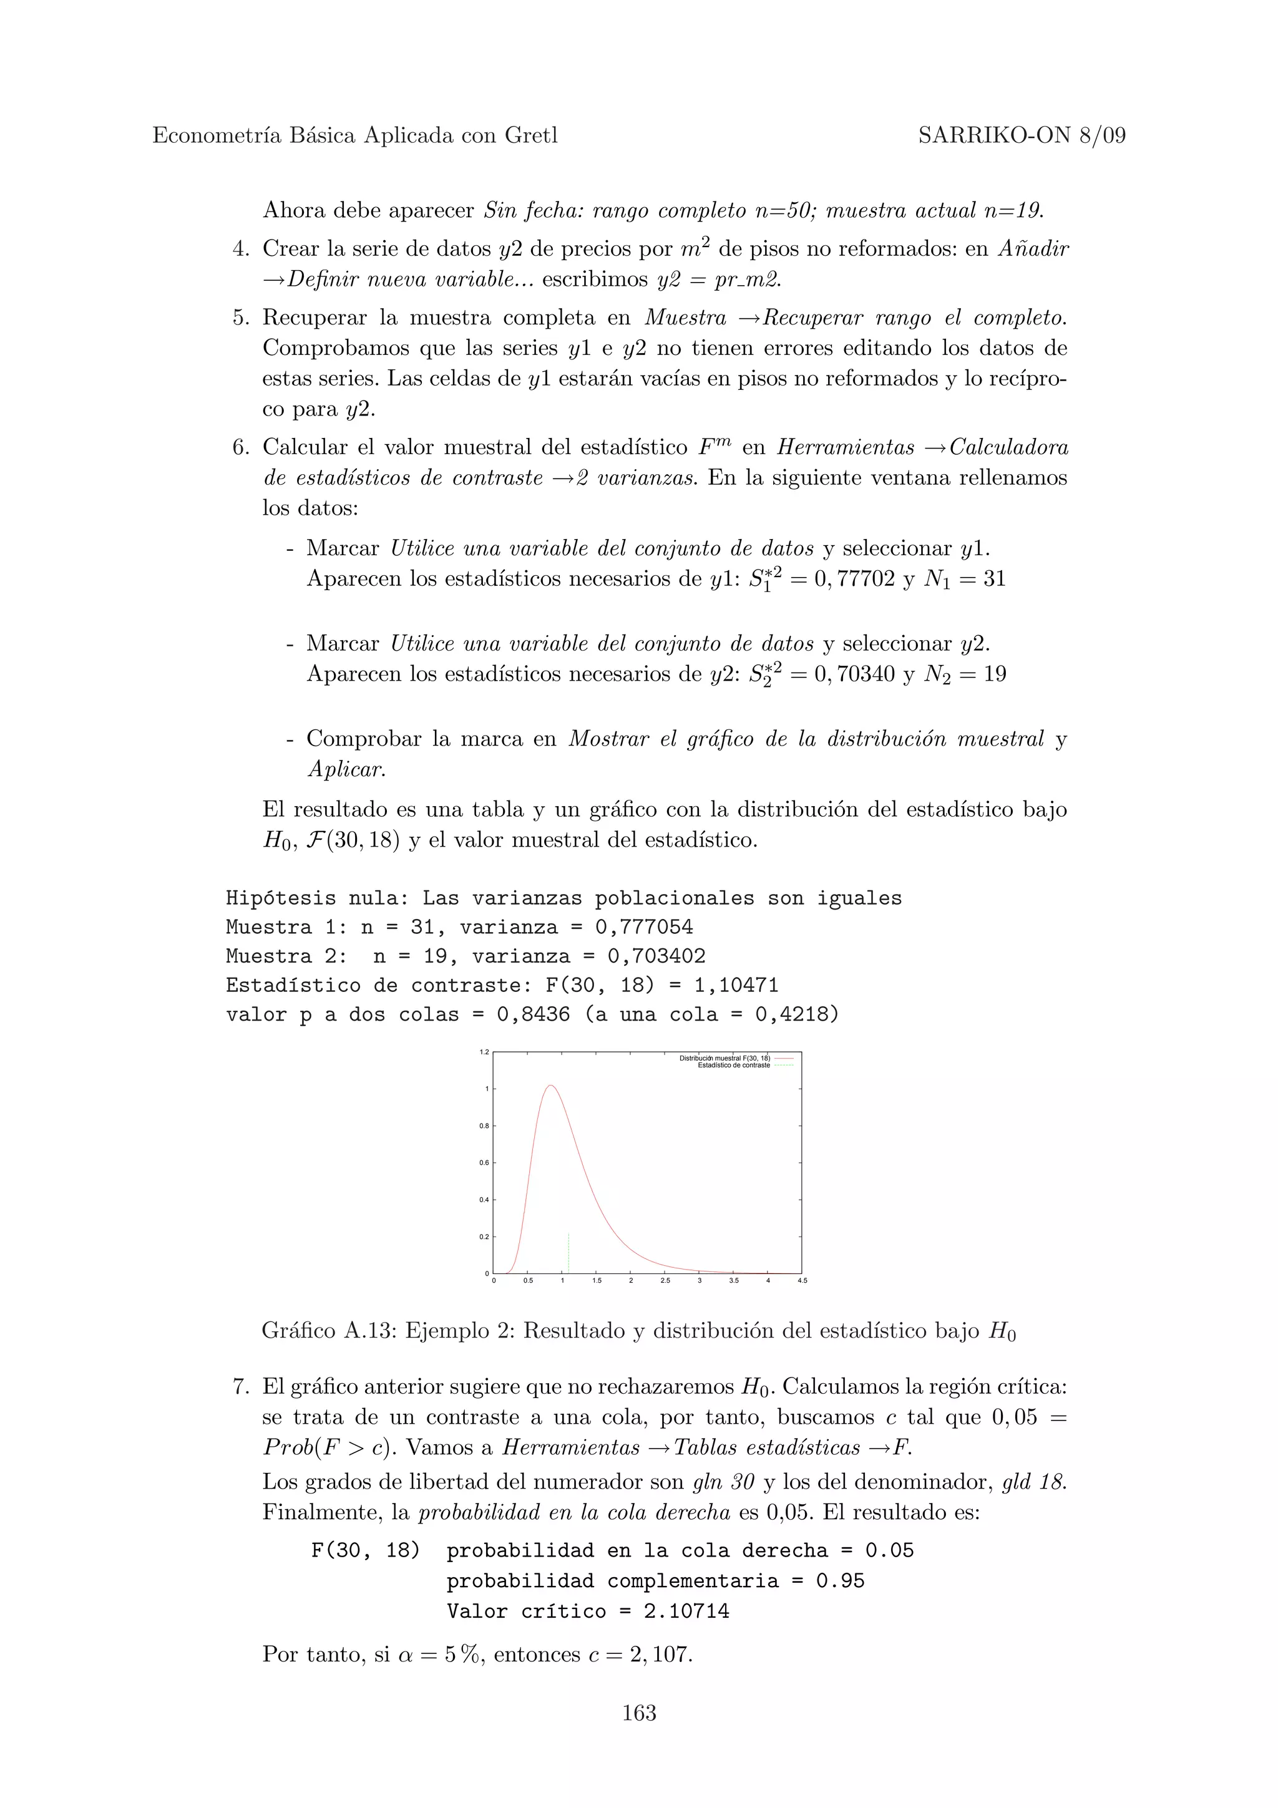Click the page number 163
[x=638, y=1713]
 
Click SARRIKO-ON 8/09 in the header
[x=1022, y=136]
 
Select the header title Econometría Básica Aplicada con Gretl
[x=354, y=136]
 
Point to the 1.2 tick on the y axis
[x=484, y=1052]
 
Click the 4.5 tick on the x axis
[x=802, y=1281]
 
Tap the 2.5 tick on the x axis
[x=665, y=1281]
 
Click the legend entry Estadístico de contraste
[x=734, y=1066]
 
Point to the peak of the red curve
[x=550, y=1086]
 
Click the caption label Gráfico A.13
[x=330, y=1331]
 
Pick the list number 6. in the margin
[x=240, y=448]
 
